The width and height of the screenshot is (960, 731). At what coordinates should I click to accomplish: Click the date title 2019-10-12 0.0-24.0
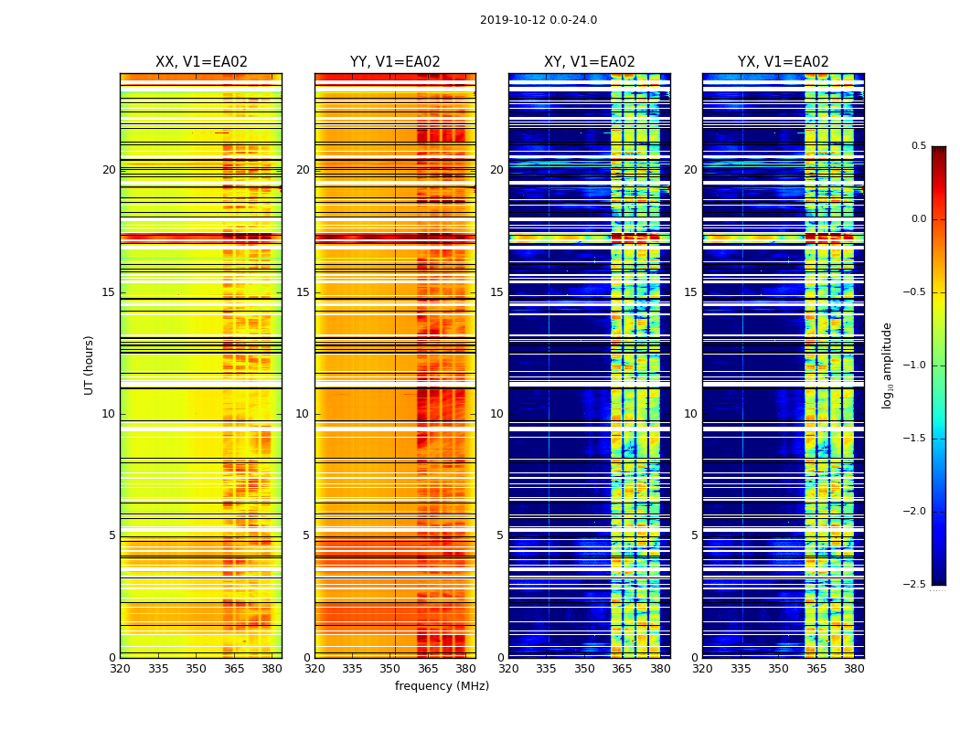tap(538, 20)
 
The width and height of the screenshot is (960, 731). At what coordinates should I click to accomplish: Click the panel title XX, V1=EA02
tap(201, 62)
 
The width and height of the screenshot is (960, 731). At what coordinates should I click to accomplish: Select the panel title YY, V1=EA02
tap(395, 62)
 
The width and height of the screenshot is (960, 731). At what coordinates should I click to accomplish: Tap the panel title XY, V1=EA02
tap(589, 62)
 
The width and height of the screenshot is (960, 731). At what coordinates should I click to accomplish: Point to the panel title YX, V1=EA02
tap(784, 62)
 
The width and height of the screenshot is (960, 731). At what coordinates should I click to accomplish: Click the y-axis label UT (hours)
tap(89, 365)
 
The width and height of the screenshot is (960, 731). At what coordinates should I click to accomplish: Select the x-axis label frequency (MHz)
tap(442, 686)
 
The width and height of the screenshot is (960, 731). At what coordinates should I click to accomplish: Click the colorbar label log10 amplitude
tap(887, 365)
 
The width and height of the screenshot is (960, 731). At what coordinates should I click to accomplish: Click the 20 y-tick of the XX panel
tap(109, 170)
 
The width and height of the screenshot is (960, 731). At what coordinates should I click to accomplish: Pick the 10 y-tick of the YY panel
tap(303, 414)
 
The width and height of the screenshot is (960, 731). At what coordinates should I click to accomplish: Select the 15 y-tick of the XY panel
tap(496, 292)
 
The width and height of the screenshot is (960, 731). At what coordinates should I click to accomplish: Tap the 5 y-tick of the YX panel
tap(694, 535)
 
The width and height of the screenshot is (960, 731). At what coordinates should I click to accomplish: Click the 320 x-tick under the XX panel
tap(120, 669)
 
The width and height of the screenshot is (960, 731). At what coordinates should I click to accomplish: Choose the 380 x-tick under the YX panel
tap(854, 669)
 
